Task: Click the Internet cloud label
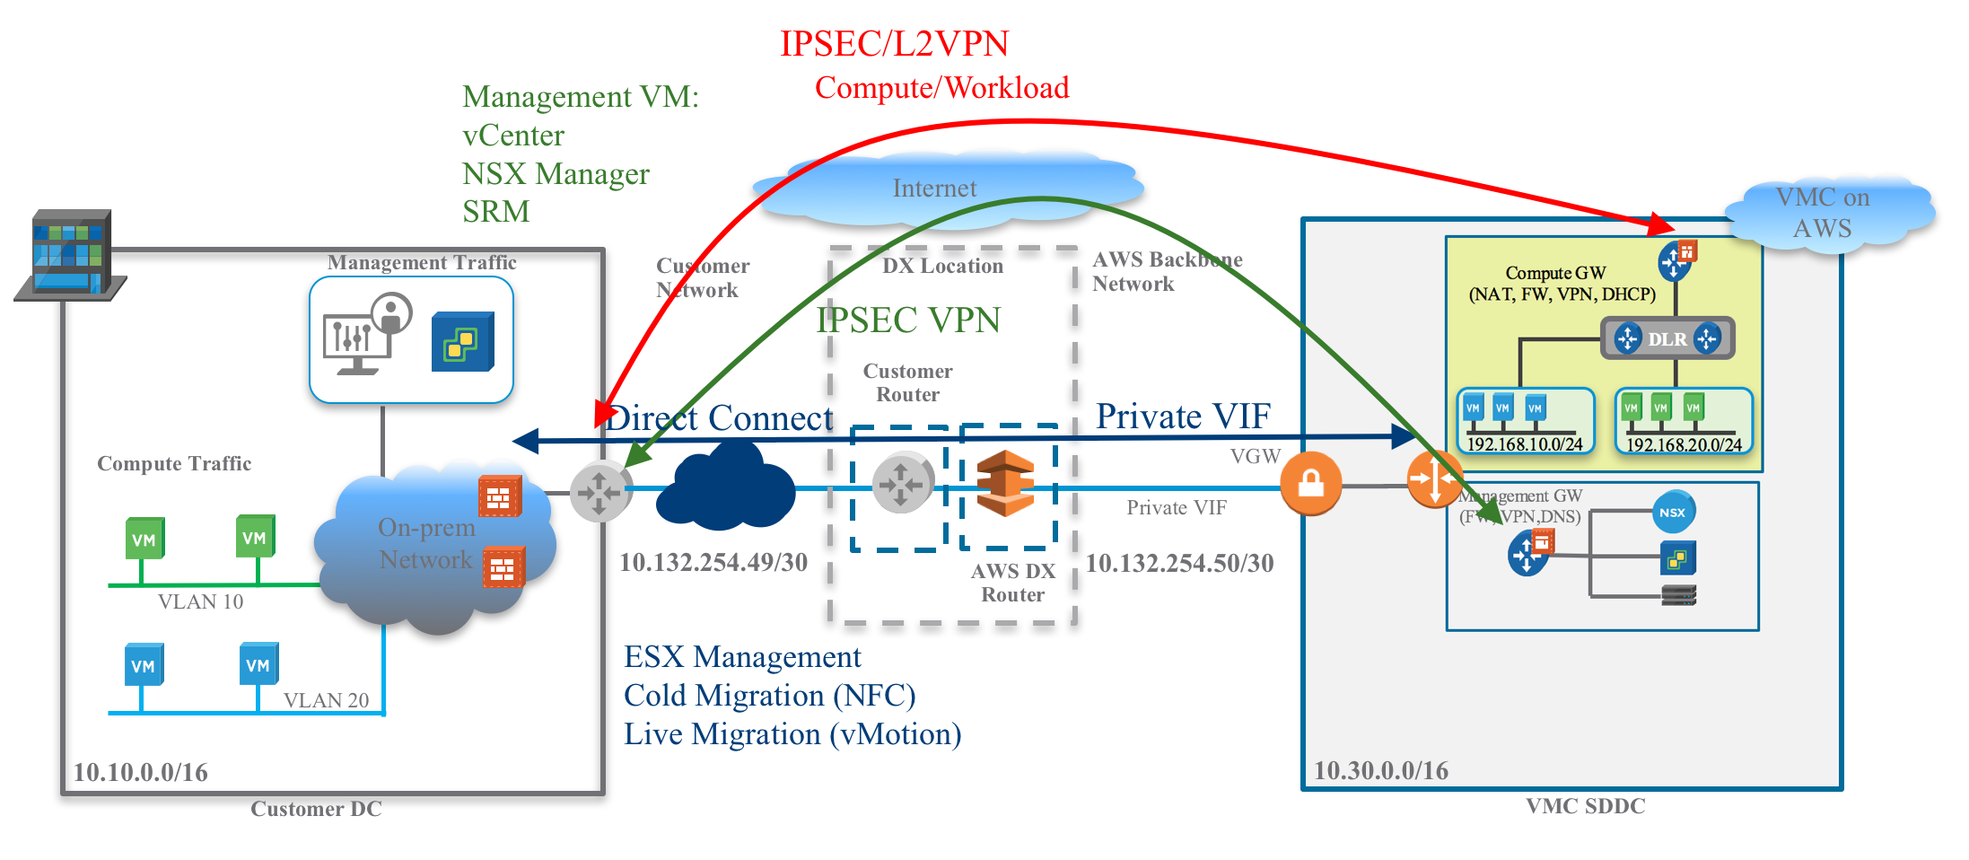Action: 933,189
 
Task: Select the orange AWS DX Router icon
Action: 1005,484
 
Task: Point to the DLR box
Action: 1667,339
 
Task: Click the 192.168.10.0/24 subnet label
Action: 1524,444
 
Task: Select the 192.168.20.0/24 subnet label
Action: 1684,444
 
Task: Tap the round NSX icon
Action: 1673,513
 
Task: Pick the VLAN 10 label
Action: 200,601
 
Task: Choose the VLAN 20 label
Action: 326,700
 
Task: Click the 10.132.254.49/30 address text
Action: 713,563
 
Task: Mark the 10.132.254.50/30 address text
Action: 1179,564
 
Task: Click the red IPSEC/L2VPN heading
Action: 894,43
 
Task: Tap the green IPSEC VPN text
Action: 908,320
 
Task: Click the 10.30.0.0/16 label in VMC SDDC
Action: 1380,770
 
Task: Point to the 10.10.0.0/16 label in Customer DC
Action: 140,772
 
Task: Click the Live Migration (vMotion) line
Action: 792,734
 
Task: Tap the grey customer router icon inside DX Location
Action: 901,484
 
